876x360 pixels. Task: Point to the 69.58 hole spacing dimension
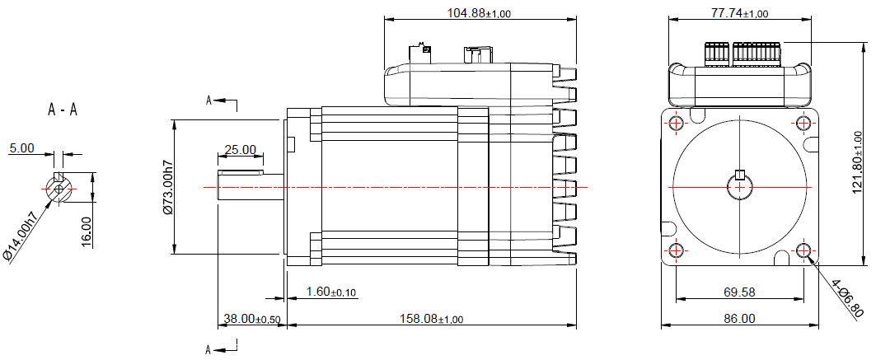point(739,292)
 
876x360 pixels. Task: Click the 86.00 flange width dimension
point(739,318)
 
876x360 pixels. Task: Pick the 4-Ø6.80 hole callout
point(847,298)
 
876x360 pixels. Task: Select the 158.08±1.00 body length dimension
point(430,318)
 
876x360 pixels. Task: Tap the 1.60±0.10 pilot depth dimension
point(331,292)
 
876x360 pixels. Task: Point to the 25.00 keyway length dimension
point(240,150)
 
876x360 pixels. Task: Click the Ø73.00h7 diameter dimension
point(168,188)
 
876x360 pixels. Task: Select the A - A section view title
point(63,110)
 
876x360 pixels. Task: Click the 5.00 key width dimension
point(21,148)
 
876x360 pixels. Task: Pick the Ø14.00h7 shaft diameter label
point(21,236)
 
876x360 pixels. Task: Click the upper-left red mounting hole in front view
point(676,124)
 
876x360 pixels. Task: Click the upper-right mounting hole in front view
point(803,124)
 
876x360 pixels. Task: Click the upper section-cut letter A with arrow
point(211,100)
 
